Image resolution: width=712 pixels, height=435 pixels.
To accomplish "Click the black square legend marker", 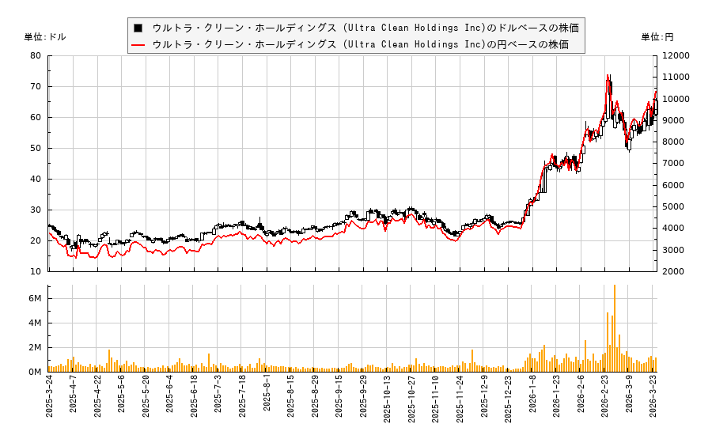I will click(x=138, y=28).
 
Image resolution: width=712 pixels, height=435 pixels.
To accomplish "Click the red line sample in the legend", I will click(x=138, y=44).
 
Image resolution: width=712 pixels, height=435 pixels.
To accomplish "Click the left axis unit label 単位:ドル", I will click(x=45, y=37).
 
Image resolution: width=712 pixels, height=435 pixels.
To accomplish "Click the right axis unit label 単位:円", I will click(x=657, y=37).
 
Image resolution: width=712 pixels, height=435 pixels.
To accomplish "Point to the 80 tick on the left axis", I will click(x=36, y=55).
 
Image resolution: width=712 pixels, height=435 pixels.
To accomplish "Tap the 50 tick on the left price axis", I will click(x=36, y=148).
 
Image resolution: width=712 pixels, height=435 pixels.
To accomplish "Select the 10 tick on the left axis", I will click(x=36, y=271).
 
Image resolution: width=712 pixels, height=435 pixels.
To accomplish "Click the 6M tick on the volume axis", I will click(x=35, y=298).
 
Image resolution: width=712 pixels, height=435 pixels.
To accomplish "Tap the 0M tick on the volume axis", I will click(x=35, y=372).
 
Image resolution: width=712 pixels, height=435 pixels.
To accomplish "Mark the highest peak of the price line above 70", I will click(x=608, y=76).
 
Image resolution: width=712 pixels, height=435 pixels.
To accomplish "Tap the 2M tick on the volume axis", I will click(x=35, y=347).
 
